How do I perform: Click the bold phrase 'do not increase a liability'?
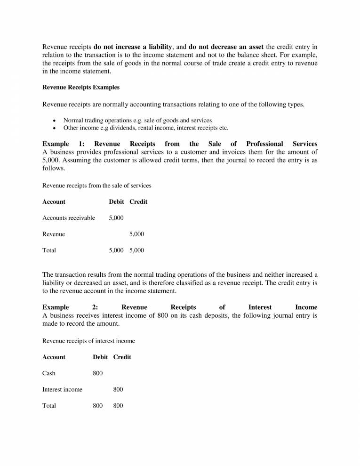point(134,47)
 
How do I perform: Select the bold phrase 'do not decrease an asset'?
point(226,47)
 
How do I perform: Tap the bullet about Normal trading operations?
point(137,121)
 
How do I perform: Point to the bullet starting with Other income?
point(145,128)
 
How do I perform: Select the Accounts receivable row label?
point(69,218)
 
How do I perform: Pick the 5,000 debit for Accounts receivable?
point(116,218)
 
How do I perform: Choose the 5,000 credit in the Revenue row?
point(136,234)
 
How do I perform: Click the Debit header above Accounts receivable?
point(116,202)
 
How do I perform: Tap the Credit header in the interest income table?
point(122,357)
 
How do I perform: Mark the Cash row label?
point(49,373)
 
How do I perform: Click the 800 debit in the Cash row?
point(98,373)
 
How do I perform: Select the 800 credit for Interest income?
point(118,389)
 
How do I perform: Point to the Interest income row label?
point(62,389)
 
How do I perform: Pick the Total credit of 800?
point(118,406)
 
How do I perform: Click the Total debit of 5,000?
point(116,250)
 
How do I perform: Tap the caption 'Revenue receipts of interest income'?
point(88,341)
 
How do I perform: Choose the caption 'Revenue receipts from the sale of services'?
point(97,186)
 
